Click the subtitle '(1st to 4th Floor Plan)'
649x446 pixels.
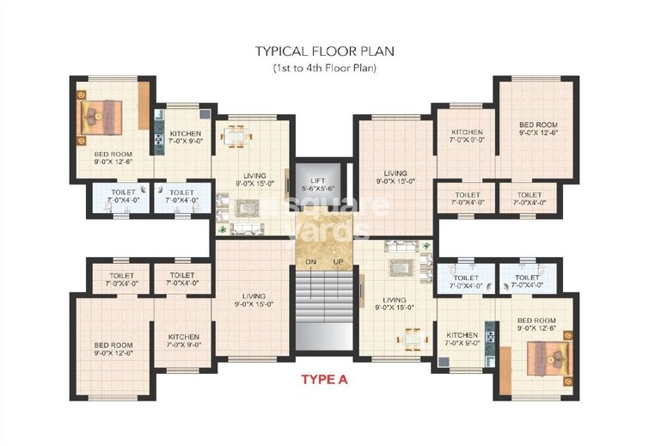[324, 67]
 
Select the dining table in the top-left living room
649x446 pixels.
[235, 135]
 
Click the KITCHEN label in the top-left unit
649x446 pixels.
[185, 134]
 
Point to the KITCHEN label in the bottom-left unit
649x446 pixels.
[184, 337]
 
